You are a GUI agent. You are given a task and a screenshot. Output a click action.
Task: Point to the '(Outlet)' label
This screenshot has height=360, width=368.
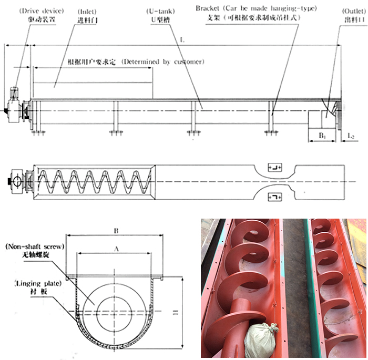point(350,9)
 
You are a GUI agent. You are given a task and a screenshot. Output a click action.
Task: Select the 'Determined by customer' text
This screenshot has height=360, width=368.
point(162,61)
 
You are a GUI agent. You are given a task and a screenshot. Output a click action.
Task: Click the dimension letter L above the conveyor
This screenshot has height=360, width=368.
point(182,40)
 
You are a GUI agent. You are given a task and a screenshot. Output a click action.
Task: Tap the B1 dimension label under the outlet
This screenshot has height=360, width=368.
point(322,135)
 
